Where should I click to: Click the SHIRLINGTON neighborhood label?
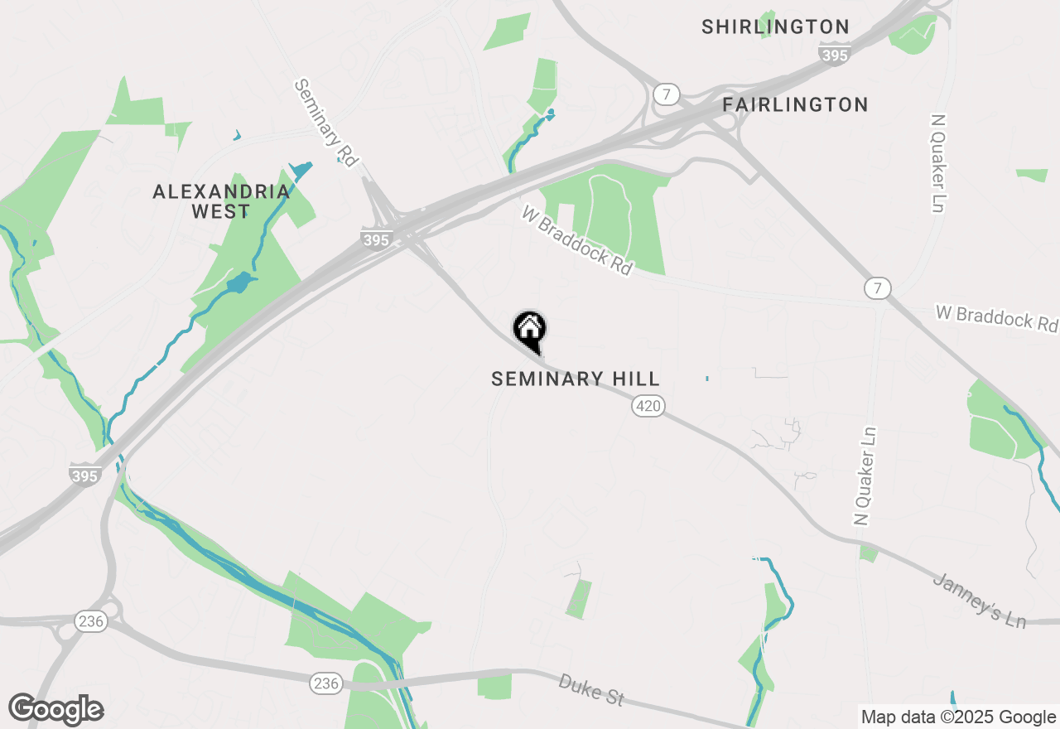coord(775,27)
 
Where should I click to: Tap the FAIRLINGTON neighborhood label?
coord(795,104)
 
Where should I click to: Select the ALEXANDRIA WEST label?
coord(221,201)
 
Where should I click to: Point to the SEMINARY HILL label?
coord(576,379)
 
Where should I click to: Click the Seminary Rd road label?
coord(325,123)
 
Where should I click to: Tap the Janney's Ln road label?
coord(980,600)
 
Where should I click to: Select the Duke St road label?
coord(591,689)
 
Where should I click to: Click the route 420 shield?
coord(648,406)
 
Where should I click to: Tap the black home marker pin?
coord(530,330)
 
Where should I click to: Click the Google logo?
coord(56,709)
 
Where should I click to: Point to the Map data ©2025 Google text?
coord(958,717)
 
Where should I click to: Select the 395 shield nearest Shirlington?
coord(833,53)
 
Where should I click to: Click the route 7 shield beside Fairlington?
coord(665,93)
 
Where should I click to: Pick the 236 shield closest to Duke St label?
coord(326,683)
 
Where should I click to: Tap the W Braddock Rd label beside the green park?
coord(577,241)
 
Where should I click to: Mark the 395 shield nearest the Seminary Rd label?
coord(376,239)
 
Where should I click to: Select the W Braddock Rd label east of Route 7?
coord(997,317)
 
